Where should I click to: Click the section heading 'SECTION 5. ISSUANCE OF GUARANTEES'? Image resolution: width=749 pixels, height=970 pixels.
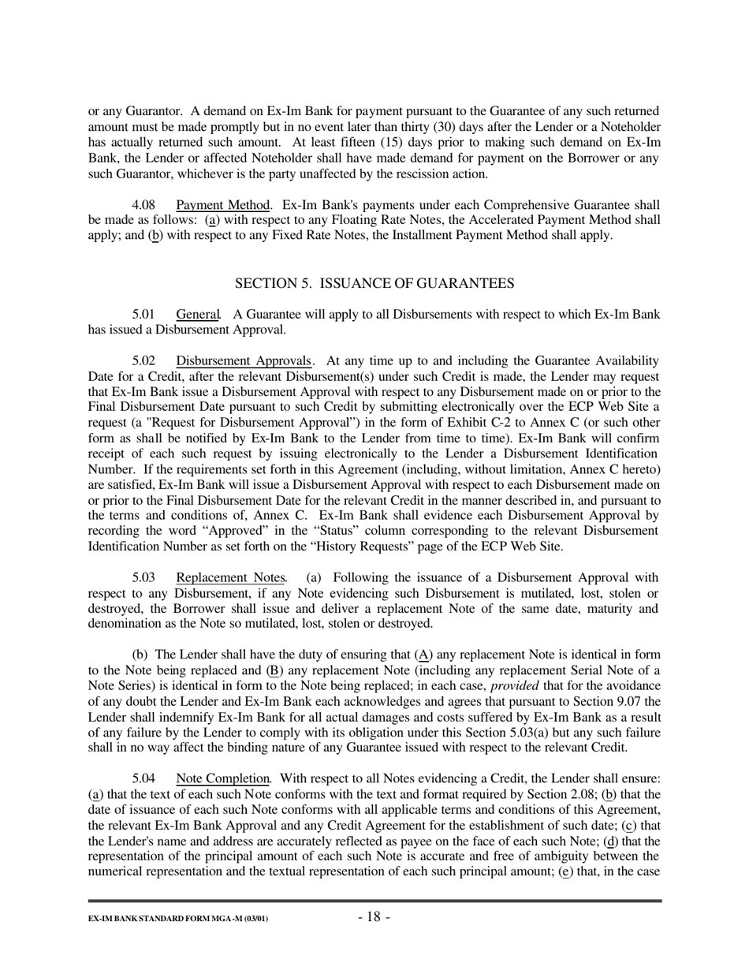pyautogui.click(x=374, y=283)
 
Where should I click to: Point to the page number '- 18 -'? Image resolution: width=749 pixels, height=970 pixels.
pyautogui.click(x=374, y=916)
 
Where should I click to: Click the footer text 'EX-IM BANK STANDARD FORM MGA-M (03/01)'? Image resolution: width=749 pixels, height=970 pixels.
pyautogui.click(x=177, y=920)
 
